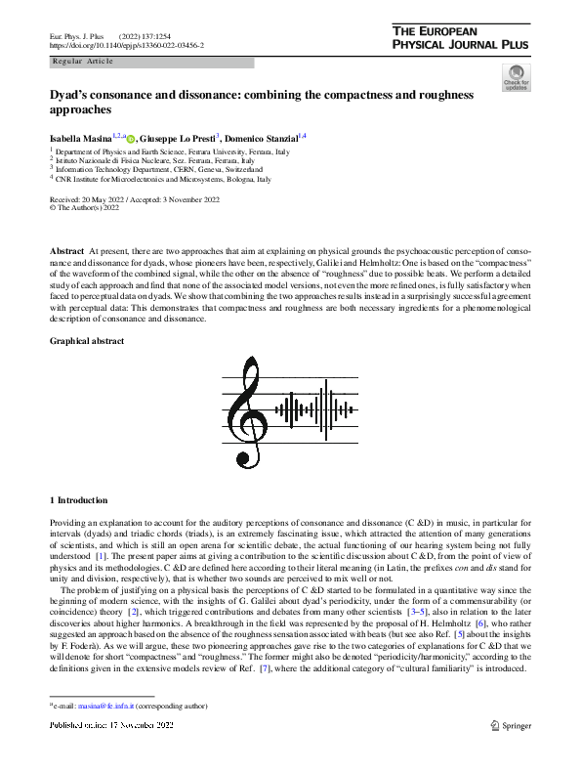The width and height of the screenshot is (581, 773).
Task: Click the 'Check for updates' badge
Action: pyautogui.click(x=515, y=77)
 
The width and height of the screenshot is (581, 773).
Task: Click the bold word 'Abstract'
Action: pyautogui.click(x=66, y=252)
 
